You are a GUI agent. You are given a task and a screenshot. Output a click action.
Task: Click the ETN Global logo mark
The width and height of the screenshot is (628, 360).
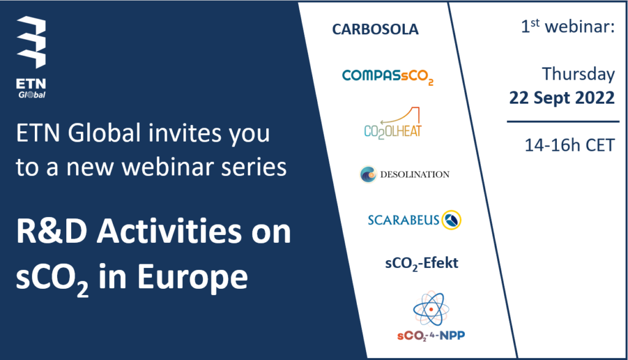(x=31, y=42)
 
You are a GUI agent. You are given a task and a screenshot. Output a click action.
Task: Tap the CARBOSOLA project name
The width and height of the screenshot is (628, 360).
(x=375, y=29)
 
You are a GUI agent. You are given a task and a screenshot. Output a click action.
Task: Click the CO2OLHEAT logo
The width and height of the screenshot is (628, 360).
(x=392, y=123)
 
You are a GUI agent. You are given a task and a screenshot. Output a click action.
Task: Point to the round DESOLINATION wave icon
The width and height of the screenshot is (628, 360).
(x=368, y=174)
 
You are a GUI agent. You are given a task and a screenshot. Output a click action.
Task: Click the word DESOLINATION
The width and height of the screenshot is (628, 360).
(x=415, y=174)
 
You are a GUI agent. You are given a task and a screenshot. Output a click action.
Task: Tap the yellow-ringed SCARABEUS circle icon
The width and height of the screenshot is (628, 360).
(x=451, y=220)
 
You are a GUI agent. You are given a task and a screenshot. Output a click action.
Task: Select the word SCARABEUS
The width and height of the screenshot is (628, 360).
(x=404, y=220)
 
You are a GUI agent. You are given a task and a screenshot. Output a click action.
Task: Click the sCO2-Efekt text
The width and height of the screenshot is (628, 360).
(x=421, y=264)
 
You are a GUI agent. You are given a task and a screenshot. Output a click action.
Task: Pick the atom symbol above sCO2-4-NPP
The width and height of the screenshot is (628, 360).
(x=431, y=309)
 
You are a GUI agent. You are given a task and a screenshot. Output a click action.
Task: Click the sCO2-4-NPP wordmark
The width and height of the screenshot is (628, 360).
(x=431, y=335)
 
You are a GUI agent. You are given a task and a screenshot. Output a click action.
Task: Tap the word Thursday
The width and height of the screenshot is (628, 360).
(x=578, y=74)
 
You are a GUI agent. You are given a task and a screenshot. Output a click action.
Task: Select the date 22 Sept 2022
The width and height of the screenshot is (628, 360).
(x=562, y=98)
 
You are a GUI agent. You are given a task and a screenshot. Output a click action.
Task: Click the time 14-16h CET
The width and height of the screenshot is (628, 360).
(x=570, y=145)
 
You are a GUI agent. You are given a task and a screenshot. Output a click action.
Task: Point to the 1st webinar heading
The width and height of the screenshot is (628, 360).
(x=567, y=26)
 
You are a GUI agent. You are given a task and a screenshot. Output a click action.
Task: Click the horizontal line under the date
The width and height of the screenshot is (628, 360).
(x=563, y=121)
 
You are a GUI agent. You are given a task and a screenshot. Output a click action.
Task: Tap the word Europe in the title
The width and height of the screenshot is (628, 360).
(x=193, y=277)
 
